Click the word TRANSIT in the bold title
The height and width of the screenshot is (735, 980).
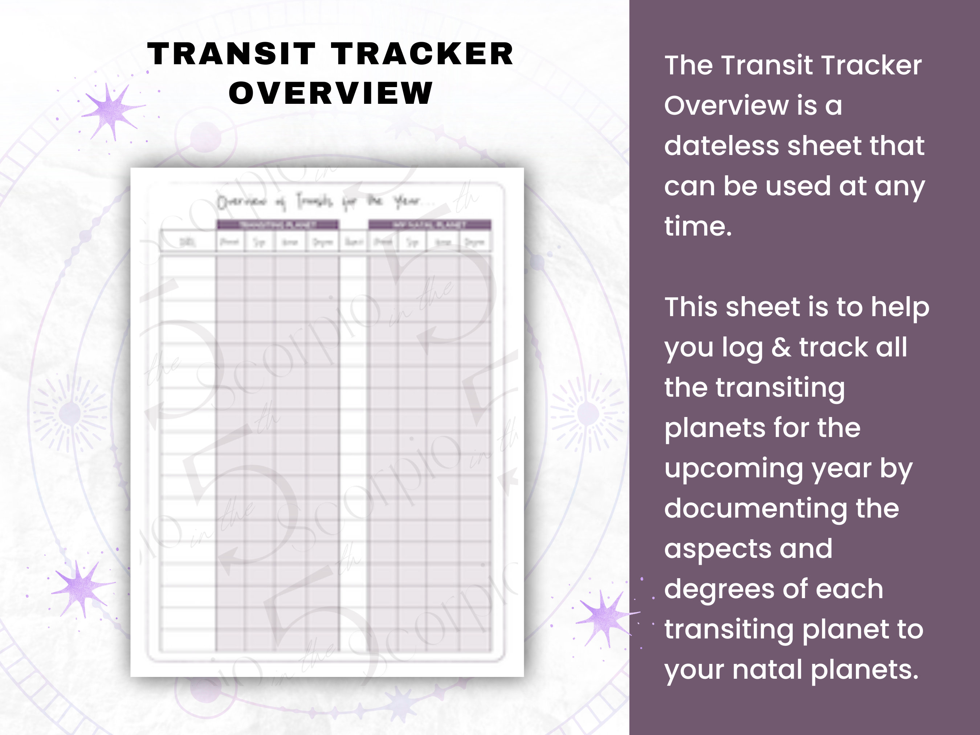click(x=231, y=54)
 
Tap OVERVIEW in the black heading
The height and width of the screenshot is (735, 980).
click(x=331, y=94)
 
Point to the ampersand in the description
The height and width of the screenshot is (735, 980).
click(x=781, y=347)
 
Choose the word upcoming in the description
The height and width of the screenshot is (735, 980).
click(x=734, y=469)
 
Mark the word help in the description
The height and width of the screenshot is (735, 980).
click(x=899, y=307)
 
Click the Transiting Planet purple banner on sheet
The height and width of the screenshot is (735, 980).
click(x=278, y=225)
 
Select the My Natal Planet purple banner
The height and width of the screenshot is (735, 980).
click(x=429, y=225)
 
